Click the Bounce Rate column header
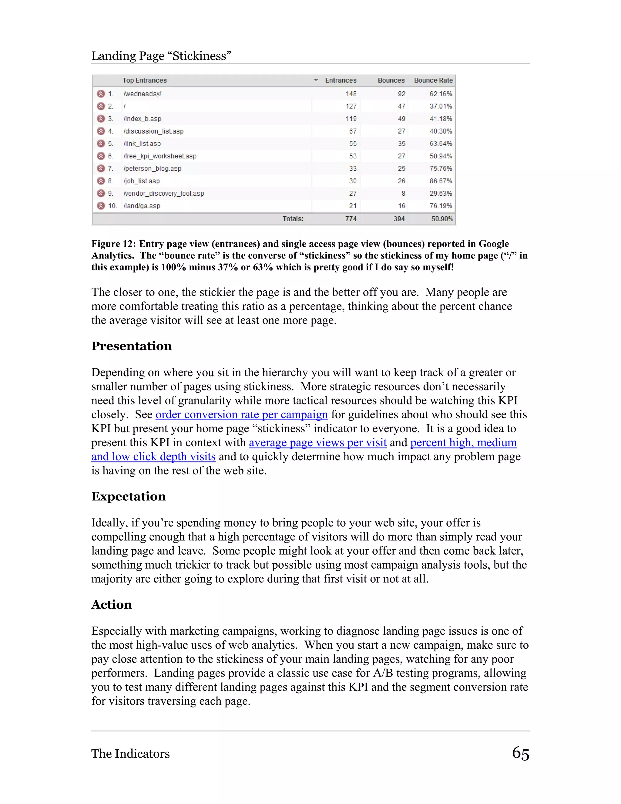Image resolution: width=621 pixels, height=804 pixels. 433,80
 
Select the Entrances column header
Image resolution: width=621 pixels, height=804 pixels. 341,80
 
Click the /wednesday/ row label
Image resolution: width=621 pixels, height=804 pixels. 143,94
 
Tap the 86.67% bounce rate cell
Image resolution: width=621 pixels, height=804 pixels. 440,181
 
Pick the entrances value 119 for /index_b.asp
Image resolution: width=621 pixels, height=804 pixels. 351,119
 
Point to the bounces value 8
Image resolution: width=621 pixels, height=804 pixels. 403,194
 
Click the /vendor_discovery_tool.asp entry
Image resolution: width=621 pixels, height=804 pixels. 164,194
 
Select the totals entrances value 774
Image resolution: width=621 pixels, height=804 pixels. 351,219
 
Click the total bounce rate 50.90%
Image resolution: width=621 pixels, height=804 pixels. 441,219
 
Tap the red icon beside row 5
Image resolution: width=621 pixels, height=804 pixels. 101,144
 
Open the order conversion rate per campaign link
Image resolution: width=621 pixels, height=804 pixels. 241,414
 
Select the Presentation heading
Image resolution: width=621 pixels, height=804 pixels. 131,346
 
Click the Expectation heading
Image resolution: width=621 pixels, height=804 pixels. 128,496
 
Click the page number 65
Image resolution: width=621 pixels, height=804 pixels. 520,753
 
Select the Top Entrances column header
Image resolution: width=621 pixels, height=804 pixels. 144,80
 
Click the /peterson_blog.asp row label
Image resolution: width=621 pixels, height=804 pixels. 152,169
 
